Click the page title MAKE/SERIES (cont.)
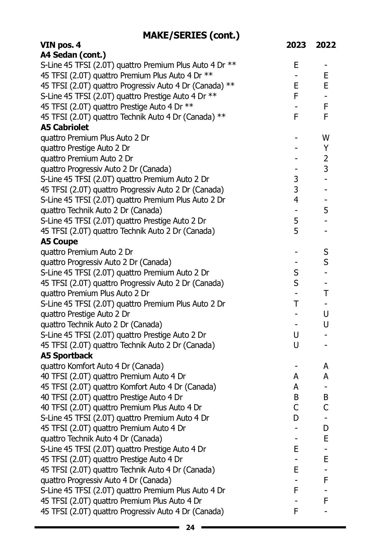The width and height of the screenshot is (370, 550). pos(191,35)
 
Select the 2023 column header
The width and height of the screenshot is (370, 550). pos(296,45)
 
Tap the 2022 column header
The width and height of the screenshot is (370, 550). pos(326,45)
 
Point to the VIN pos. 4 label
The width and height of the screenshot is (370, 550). pos(61,45)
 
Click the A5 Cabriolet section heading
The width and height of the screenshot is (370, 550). pos(64,127)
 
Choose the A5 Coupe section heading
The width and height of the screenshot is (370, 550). pos(59,242)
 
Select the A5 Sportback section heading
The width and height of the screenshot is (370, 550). pos(67,356)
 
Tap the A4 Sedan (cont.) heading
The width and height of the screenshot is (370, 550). pos(73,55)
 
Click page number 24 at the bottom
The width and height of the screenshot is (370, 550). pos(190,527)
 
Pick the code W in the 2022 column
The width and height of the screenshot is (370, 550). pos(326,138)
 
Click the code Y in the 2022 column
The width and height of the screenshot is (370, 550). pos(326,148)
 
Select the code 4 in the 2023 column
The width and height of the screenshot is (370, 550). pos(296,200)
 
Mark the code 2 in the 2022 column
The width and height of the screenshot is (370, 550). pos(326,159)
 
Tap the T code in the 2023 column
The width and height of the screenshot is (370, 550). pos(296,304)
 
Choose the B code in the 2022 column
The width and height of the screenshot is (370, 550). pos(326,397)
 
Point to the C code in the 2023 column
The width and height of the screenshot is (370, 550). pos(296,408)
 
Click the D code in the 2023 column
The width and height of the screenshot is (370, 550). pos(296,418)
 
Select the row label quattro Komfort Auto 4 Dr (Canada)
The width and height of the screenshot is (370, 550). pos(102,366)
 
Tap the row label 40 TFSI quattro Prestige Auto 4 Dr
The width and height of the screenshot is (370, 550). pos(111,397)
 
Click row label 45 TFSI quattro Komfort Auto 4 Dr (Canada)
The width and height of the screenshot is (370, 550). pos(128,387)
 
